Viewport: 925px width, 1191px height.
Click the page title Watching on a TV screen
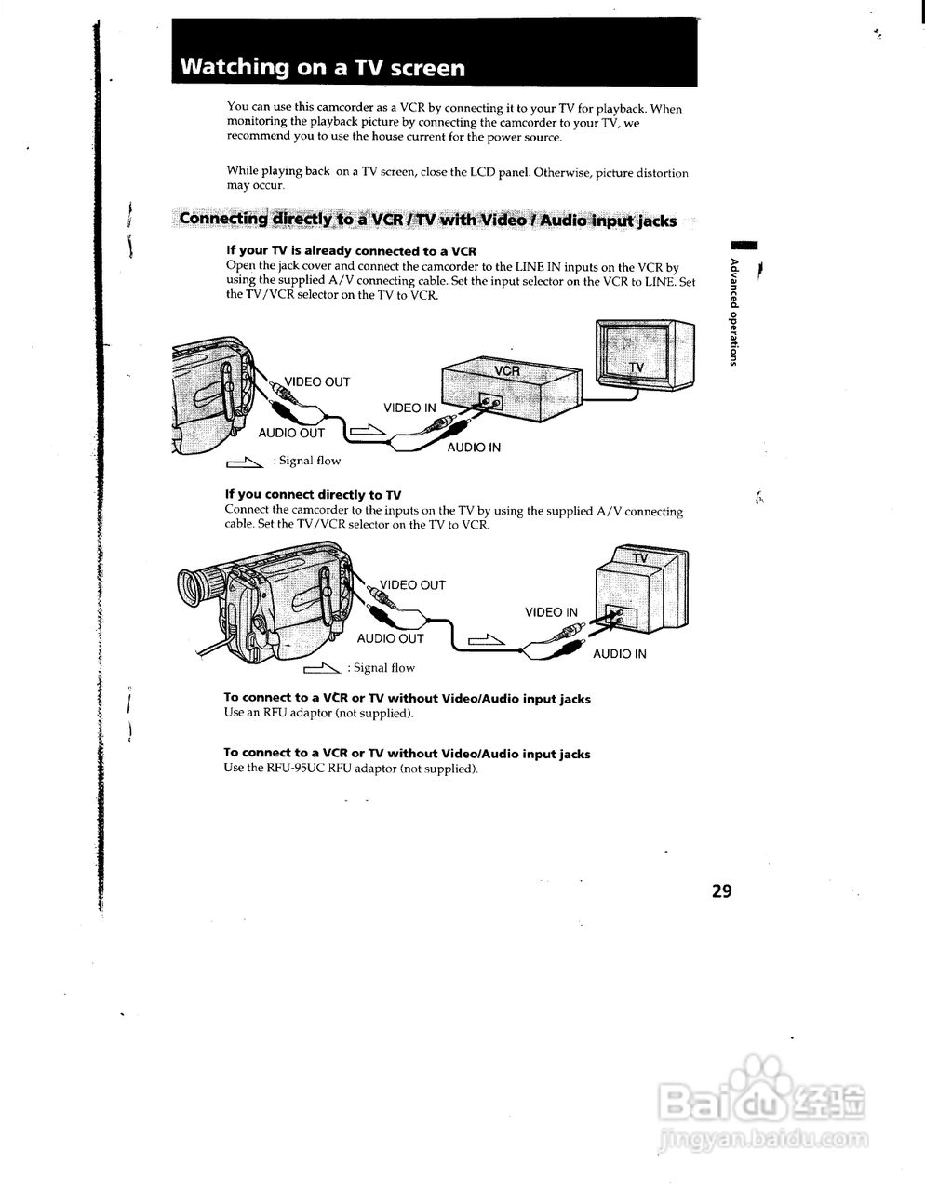322,67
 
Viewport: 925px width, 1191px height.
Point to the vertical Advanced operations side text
734,311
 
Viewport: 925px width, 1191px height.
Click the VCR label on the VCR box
506,370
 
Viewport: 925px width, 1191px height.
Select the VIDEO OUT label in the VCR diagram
316,381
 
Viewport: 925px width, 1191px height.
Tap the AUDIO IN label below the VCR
474,448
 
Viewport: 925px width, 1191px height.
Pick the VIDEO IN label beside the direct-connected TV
551,612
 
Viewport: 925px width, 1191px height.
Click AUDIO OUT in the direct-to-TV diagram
390,638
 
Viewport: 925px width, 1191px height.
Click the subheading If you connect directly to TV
313,495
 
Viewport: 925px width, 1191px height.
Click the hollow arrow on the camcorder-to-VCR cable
367,429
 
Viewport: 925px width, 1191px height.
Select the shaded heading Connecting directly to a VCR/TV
427,220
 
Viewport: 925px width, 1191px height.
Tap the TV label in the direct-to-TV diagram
640,558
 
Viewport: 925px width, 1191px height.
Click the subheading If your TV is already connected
352,251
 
